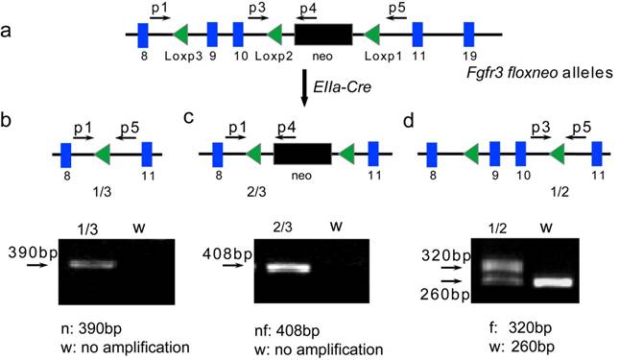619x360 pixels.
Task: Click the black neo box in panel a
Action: [x=323, y=36]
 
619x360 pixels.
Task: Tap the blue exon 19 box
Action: [x=469, y=36]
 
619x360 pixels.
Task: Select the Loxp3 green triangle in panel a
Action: [x=179, y=36]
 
